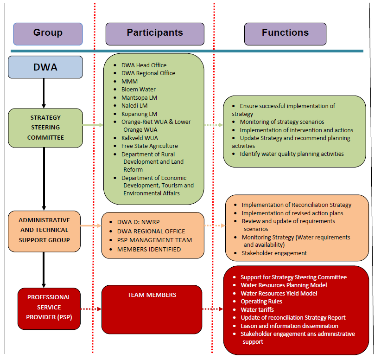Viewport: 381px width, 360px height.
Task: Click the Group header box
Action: pyautogui.click(x=48, y=33)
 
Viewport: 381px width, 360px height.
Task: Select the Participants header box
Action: pyautogui.click(x=155, y=33)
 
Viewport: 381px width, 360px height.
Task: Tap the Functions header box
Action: pyautogui.click(x=285, y=33)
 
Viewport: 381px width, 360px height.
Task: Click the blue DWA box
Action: pyautogui.click(x=45, y=67)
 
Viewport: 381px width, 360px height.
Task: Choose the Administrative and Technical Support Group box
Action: pyautogui.click(x=44, y=231)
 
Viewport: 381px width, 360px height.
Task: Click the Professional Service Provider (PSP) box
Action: pyautogui.click(x=49, y=307)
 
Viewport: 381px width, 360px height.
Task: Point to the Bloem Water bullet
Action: pyautogui.click(x=138, y=89)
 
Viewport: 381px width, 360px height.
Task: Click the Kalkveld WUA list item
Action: pyautogui.click(x=139, y=138)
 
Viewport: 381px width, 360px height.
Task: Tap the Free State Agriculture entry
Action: pyautogui.click(x=149, y=146)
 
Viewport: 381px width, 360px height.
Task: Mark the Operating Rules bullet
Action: pyautogui.click(x=261, y=302)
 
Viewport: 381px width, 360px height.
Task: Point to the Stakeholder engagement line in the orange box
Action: pyautogui.click(x=274, y=253)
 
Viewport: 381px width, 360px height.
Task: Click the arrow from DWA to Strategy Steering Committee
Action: pyautogui.click(x=44, y=93)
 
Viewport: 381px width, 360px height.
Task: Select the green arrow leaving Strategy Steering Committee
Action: pyautogui.click(x=93, y=125)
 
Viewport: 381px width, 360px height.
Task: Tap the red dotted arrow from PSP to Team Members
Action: pyautogui.click(x=91, y=309)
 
